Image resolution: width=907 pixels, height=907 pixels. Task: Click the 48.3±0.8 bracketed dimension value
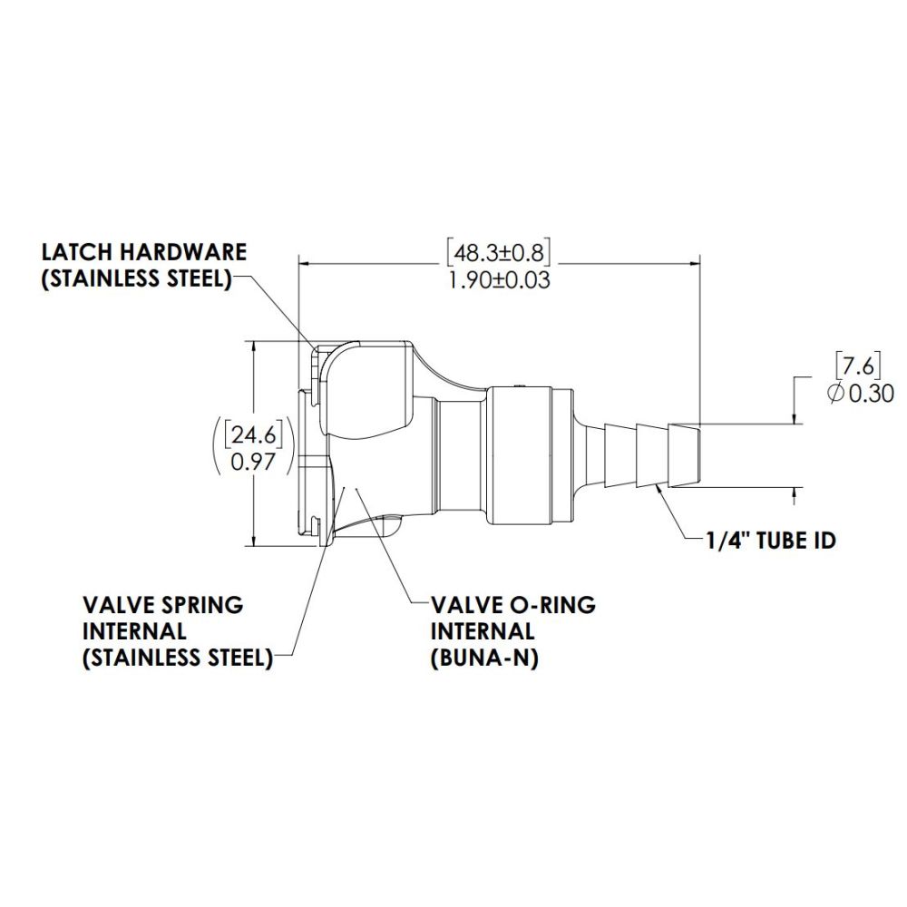tap(498, 249)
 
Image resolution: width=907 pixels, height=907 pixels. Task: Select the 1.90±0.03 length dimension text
tap(498, 279)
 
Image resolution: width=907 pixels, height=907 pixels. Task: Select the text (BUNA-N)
tap(484, 659)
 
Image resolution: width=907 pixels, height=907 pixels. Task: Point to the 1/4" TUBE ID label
tap(770, 541)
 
